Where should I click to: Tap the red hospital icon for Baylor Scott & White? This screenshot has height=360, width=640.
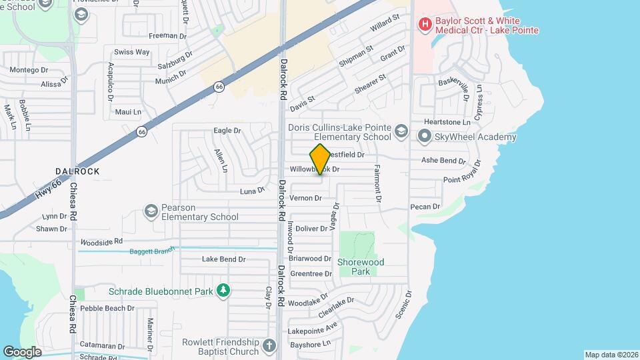point(424,25)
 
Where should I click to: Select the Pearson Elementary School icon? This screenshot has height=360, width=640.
point(151,211)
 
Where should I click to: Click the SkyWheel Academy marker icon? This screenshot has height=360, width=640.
point(424,137)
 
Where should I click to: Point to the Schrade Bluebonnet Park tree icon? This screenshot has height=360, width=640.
point(225,290)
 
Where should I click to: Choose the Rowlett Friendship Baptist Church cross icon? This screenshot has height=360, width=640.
point(269,345)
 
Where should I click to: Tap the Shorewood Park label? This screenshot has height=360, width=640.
point(357,267)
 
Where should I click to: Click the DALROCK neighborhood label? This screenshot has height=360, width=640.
point(79,171)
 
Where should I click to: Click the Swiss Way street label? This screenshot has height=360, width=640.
point(131,52)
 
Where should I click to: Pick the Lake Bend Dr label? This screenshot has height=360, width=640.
point(224,259)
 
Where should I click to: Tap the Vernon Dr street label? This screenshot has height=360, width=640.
point(307,198)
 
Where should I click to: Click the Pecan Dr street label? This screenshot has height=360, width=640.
point(425,207)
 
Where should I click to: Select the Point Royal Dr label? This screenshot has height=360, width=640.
point(461,179)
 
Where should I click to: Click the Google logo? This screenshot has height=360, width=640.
point(22,351)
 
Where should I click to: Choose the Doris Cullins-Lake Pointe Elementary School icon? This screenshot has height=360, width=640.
point(401,129)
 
